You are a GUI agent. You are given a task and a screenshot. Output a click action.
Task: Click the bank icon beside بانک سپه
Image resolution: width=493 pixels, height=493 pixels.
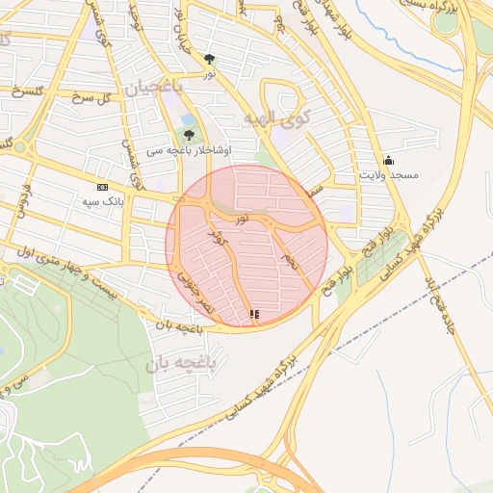(103, 187)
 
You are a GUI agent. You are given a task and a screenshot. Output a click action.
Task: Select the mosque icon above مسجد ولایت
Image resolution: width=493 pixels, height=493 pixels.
(388, 159)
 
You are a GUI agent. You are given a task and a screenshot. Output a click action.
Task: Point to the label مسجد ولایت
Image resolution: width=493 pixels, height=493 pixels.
(388, 176)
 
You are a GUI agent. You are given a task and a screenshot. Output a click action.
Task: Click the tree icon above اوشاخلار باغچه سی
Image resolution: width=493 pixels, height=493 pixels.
(189, 134)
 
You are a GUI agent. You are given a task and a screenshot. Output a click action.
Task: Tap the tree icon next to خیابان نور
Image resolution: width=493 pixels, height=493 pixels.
(209, 60)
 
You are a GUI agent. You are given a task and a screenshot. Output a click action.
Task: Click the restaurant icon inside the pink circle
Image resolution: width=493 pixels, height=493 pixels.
(254, 314)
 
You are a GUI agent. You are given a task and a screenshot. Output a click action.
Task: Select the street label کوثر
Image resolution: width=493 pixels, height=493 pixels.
(218, 240)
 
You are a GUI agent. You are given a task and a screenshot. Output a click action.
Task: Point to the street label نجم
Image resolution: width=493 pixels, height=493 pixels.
(285, 259)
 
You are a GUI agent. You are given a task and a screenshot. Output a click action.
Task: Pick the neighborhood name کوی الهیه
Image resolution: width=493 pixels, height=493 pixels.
(273, 118)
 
